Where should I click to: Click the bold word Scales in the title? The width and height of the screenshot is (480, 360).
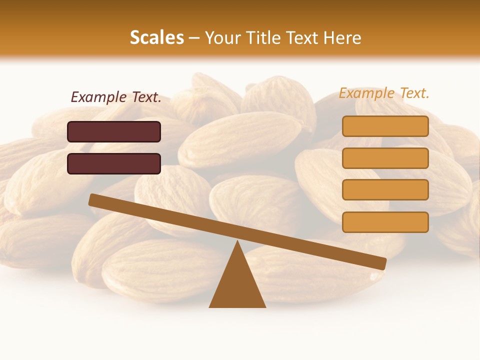(156, 37)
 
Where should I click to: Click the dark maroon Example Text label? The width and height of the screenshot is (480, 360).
(116, 97)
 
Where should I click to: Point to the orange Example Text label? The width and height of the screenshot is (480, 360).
(384, 93)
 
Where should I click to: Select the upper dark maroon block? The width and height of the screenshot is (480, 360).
(114, 131)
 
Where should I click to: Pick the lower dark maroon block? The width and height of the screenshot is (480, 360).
(114, 163)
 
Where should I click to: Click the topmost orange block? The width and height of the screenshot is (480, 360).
(385, 126)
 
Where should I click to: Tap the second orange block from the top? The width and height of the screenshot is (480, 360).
(385, 158)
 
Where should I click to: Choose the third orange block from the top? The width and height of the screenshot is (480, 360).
(385, 189)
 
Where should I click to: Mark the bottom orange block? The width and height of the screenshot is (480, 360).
(385, 222)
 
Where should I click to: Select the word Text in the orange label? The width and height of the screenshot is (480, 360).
(414, 93)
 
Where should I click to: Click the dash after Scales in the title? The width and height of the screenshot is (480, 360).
(194, 38)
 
